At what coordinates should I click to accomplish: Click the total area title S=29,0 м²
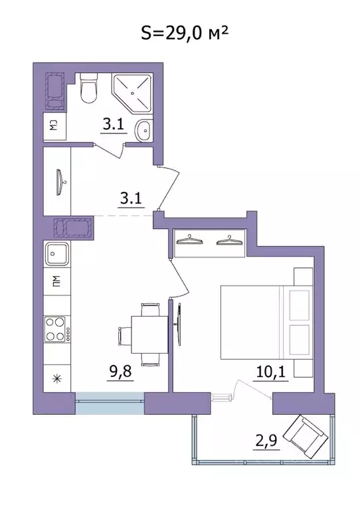coord(184,33)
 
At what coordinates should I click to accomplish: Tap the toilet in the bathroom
coord(88,88)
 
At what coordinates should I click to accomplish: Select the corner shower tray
coord(132,94)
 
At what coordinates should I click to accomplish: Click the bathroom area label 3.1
coord(114,124)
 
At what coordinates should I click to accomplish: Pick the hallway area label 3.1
coord(131,198)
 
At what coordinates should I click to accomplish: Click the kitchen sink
coord(57,254)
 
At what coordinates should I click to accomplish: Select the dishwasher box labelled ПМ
coord(56,281)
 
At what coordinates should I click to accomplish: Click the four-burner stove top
coord(58,329)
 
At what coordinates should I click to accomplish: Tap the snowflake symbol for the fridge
coord(57,378)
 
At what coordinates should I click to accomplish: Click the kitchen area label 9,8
coord(120,371)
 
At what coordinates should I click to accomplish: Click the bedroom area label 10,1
coord(271,372)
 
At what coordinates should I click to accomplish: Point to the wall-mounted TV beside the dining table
coord(178,325)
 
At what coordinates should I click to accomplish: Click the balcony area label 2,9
coord(266,441)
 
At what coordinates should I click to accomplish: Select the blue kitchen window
coord(110,403)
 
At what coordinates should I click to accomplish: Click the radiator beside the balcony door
coord(221,397)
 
